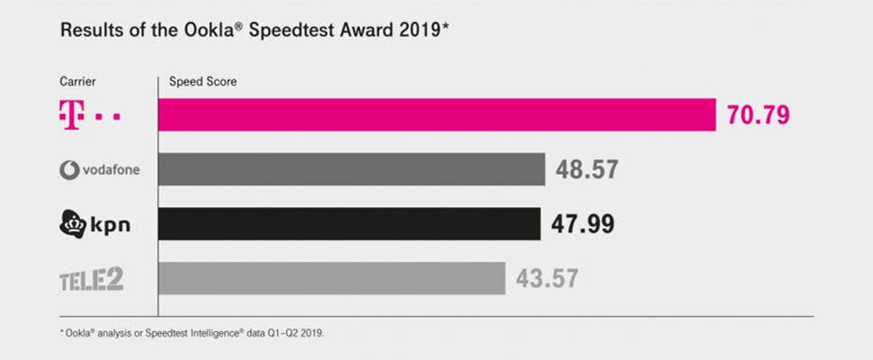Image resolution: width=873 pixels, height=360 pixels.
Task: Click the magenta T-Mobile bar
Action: tap(436, 115)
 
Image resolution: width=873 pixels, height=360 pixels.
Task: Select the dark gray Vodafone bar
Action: tap(352, 169)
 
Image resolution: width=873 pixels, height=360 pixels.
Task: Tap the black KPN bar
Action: tap(349, 224)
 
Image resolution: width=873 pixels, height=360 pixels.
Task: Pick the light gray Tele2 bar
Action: tap(331, 279)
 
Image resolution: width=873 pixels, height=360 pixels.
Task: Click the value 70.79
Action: tap(763, 116)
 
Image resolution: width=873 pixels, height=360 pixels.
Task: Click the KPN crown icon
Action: tap(72, 223)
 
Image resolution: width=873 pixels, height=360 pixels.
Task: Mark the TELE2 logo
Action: tap(91, 280)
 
